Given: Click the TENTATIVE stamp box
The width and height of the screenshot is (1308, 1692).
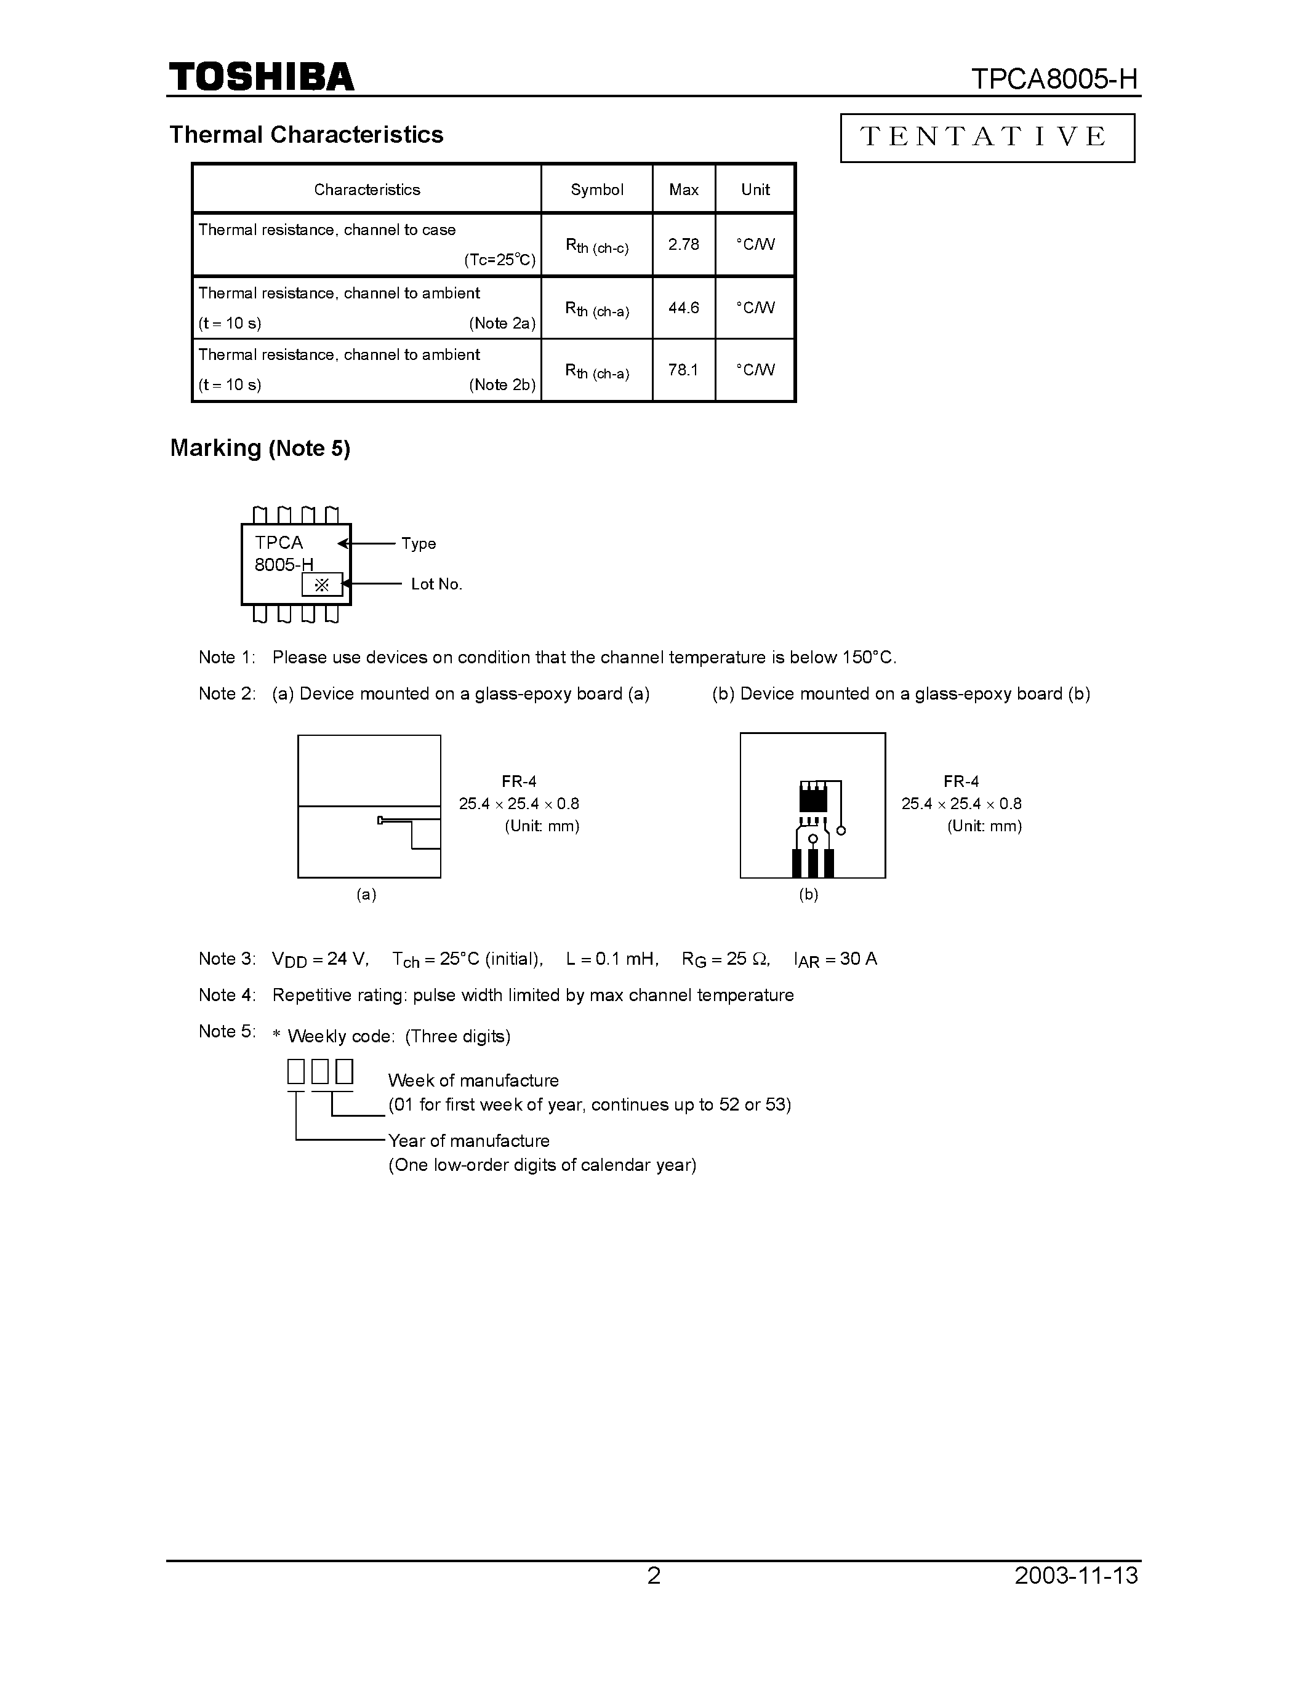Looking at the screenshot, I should pos(987,138).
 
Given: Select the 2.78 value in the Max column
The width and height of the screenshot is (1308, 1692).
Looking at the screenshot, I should pos(683,245).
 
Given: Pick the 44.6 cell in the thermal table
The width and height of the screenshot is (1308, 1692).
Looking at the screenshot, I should pos(683,308).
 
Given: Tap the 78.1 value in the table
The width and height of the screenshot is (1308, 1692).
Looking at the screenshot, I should pos(683,370).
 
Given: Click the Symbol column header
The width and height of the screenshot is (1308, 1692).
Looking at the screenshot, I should pos(596,190).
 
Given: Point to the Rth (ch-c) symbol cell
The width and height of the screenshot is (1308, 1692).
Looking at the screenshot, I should pos(596,246).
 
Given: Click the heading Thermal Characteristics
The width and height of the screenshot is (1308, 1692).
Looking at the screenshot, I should pos(306,135).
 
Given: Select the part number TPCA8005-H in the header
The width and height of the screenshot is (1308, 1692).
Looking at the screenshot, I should pos(1054,79).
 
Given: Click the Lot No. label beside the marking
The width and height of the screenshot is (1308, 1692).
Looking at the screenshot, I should pos(436,584).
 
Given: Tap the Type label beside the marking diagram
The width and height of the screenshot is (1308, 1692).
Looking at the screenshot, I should pos(419,544).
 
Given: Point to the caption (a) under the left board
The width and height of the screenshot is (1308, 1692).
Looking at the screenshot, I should pos(366,894).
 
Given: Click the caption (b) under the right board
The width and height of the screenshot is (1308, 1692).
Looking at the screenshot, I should pos(808,894).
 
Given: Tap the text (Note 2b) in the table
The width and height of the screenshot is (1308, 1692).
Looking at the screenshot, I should pos(502,385).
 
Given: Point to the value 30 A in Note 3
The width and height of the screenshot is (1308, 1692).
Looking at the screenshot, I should pos(859,959).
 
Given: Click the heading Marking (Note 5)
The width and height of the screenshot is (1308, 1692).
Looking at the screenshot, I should pos(260,449).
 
